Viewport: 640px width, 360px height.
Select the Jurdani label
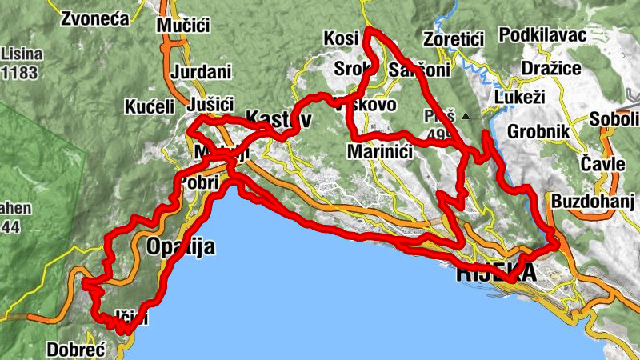point(201,72)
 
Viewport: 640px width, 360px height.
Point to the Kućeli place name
point(150,106)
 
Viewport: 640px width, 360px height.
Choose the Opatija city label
point(181,246)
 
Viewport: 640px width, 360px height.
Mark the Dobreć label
point(77,350)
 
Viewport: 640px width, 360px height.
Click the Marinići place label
point(380,151)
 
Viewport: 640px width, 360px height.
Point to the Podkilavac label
point(542,35)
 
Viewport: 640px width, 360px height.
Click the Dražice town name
point(550,68)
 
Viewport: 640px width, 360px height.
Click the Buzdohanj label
point(592,200)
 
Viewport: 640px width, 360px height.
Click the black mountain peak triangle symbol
point(466,116)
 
